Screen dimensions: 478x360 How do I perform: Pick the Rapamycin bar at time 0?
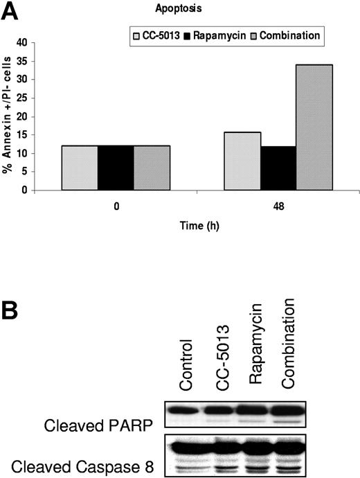115,168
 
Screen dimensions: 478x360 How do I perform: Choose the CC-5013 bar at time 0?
79,168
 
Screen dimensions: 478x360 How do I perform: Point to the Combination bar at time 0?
151,168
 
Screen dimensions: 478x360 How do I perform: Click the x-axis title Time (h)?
197,226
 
